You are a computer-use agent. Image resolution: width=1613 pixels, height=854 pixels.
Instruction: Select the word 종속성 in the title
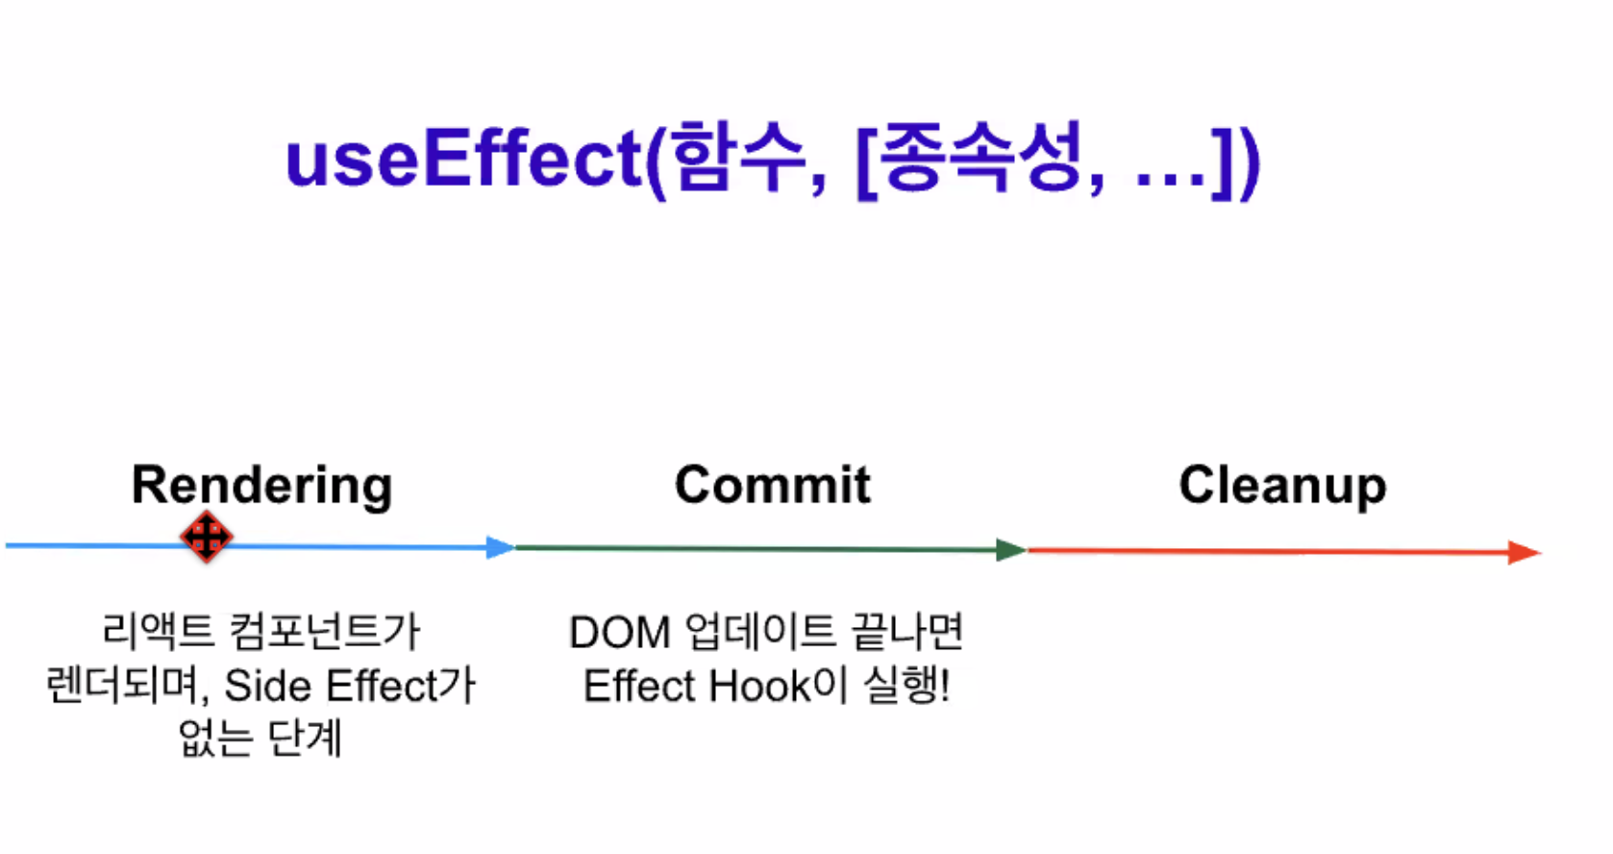click(x=980, y=159)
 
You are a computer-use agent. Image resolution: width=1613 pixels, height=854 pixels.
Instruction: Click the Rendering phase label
click(x=261, y=485)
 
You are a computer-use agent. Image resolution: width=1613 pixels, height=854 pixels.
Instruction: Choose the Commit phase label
click(x=772, y=485)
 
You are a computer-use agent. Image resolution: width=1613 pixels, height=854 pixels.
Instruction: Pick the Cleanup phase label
click(x=1282, y=485)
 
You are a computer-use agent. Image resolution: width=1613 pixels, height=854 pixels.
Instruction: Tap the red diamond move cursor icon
click(x=207, y=537)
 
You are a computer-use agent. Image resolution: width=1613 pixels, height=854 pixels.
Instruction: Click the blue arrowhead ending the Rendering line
click(x=500, y=547)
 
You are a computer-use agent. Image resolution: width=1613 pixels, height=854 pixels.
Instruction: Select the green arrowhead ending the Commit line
click(x=1011, y=550)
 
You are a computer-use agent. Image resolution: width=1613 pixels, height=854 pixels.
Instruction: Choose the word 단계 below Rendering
click(x=304, y=739)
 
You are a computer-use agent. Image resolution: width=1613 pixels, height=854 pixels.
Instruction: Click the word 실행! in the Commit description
click(x=906, y=687)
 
